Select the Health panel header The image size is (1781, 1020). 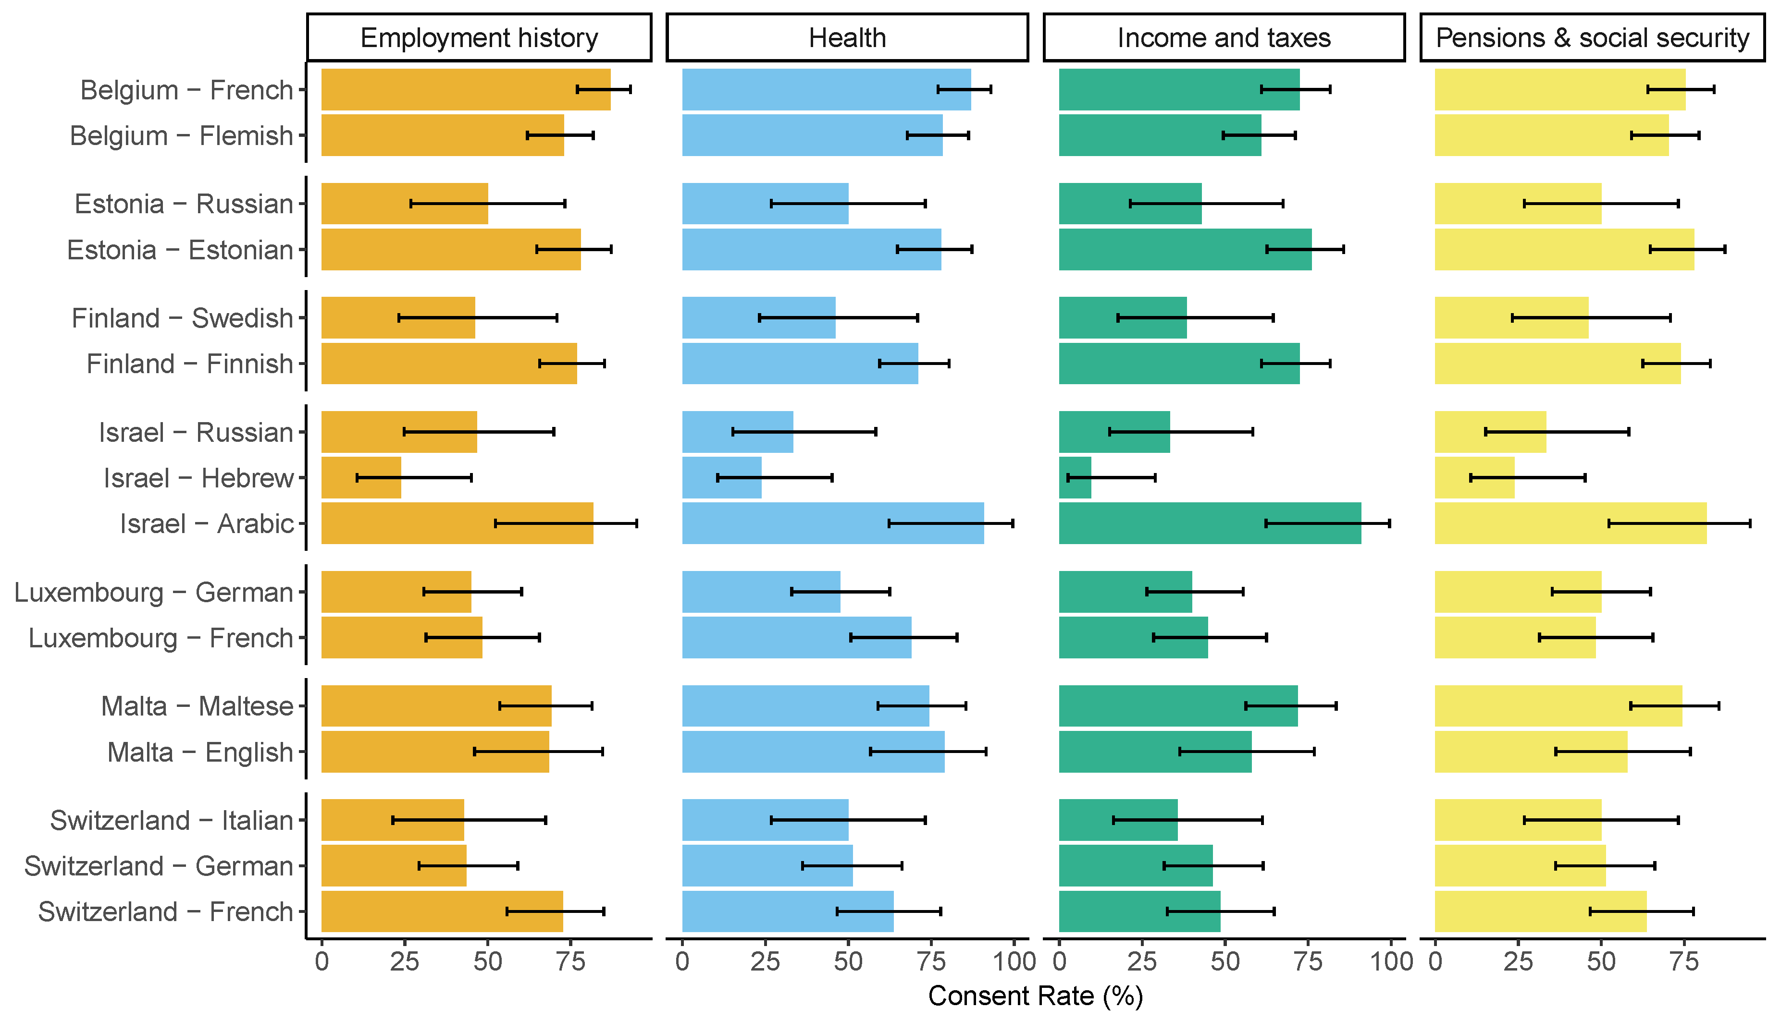click(x=847, y=38)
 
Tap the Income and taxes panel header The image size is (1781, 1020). click(x=1224, y=38)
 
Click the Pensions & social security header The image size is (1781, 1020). click(x=1592, y=38)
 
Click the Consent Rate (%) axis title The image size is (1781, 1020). click(x=1035, y=996)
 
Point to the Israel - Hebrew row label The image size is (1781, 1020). click(x=198, y=478)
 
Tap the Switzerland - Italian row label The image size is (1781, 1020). click(x=172, y=820)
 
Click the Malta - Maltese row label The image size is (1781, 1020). click(x=197, y=706)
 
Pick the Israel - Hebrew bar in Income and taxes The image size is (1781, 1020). click(x=1075, y=478)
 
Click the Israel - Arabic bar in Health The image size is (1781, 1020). click(x=833, y=523)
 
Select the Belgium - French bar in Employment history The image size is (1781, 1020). click(x=465, y=90)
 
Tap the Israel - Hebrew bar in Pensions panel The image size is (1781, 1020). click(x=1474, y=478)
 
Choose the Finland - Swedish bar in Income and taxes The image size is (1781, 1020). click(x=1122, y=318)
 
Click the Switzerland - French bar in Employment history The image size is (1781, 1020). click(x=442, y=911)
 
